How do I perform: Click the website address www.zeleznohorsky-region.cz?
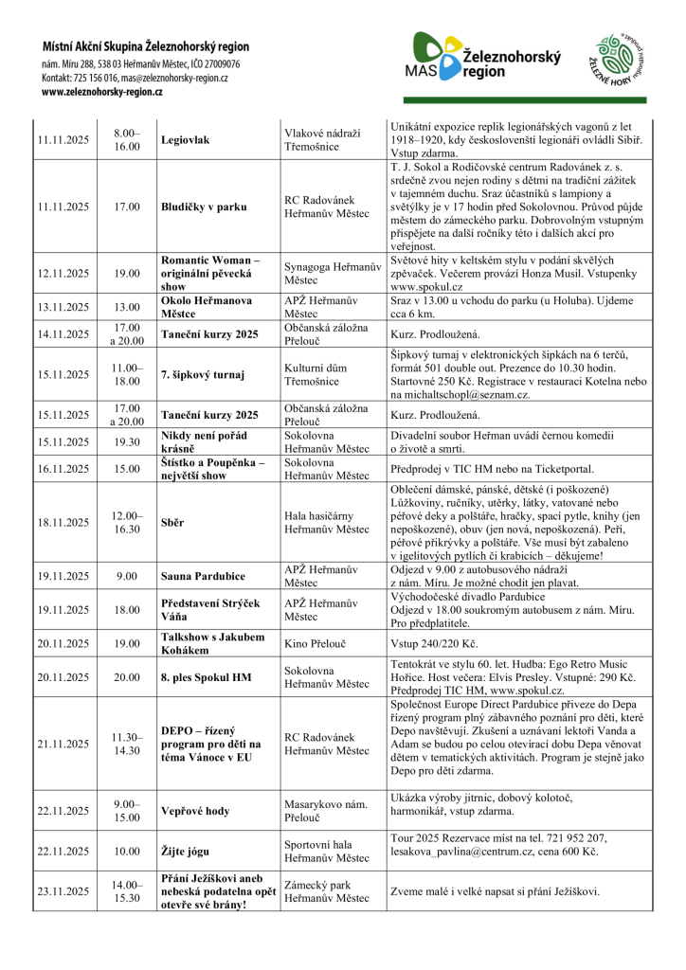[x=102, y=92]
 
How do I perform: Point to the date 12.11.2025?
[x=63, y=273]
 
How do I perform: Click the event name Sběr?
[x=173, y=522]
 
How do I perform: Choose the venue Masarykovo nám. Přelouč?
[x=326, y=811]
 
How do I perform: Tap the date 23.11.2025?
[x=63, y=891]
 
